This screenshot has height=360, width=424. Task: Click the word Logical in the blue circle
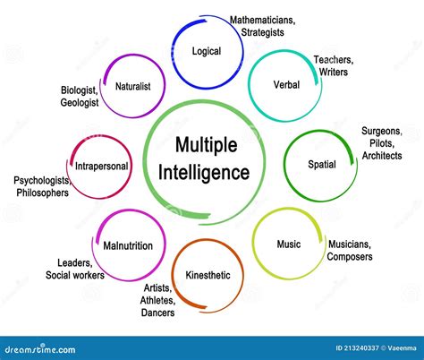pos(206,51)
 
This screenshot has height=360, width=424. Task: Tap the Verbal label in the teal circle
pos(286,84)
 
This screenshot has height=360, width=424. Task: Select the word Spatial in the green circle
pos(322,165)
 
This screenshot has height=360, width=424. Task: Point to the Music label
pos(288,244)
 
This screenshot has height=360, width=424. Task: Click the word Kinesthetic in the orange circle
pos(208,275)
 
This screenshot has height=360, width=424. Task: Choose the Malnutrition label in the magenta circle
pos(128,245)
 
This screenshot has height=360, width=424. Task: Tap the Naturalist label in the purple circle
pos(132,86)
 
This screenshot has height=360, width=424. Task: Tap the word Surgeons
pos(382,131)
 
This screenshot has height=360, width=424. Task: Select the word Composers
pos(349,257)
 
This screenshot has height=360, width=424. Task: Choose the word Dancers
pos(158,313)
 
